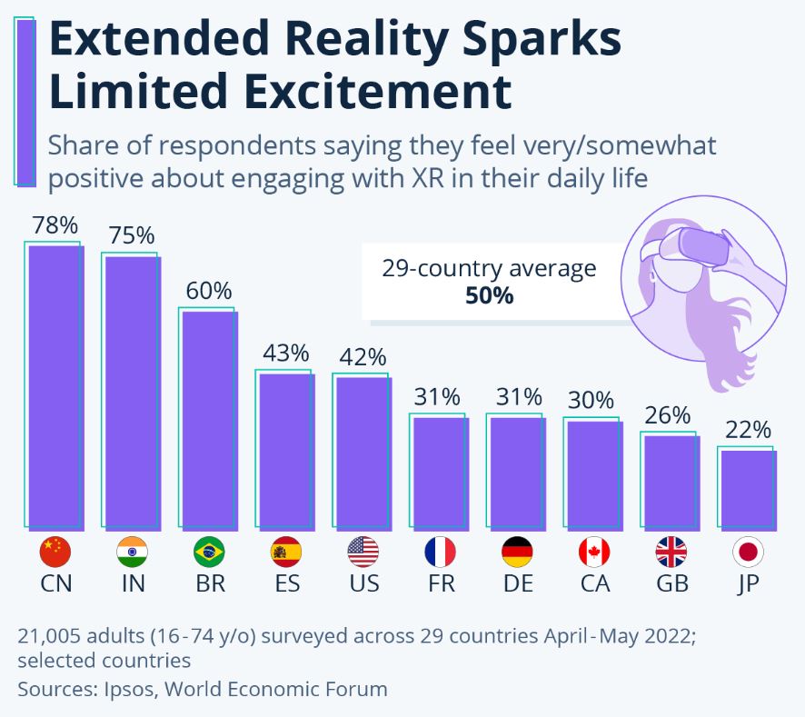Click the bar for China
(x=55, y=386)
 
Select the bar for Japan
(x=748, y=488)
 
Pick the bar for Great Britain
(x=671, y=481)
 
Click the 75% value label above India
(x=132, y=235)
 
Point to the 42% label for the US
(x=363, y=357)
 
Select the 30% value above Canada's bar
(x=593, y=400)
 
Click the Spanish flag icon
(x=286, y=552)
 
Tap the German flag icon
(x=517, y=552)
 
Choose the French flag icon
(x=440, y=552)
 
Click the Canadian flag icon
(x=594, y=552)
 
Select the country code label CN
(x=55, y=583)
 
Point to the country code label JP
(x=748, y=583)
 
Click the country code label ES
(x=286, y=583)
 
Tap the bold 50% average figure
(x=489, y=295)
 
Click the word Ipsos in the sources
(x=132, y=689)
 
